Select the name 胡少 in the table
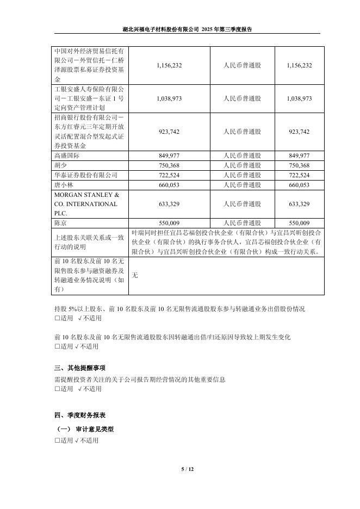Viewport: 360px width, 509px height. coord(60,165)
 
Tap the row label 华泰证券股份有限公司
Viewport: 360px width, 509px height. coord(86,175)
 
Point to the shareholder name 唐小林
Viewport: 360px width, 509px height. coord(64,185)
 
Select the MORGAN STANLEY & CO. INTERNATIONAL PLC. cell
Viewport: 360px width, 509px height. coord(86,204)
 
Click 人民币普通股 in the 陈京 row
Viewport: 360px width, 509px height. coord(242,223)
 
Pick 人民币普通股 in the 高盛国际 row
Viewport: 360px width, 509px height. coord(242,156)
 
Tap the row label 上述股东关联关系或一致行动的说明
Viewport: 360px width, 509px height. coord(90,242)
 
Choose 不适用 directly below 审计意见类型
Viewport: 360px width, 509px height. coord(89,440)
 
